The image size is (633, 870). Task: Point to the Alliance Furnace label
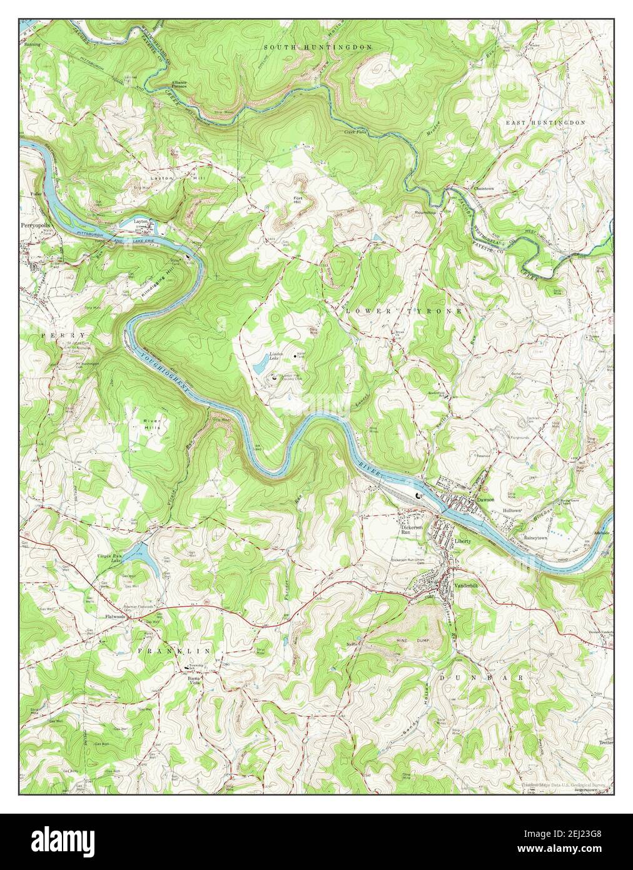tap(179, 85)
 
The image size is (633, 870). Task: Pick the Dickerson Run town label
tap(412, 530)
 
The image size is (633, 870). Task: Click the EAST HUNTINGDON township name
tap(545, 123)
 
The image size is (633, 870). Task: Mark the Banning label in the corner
tap(32, 45)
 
